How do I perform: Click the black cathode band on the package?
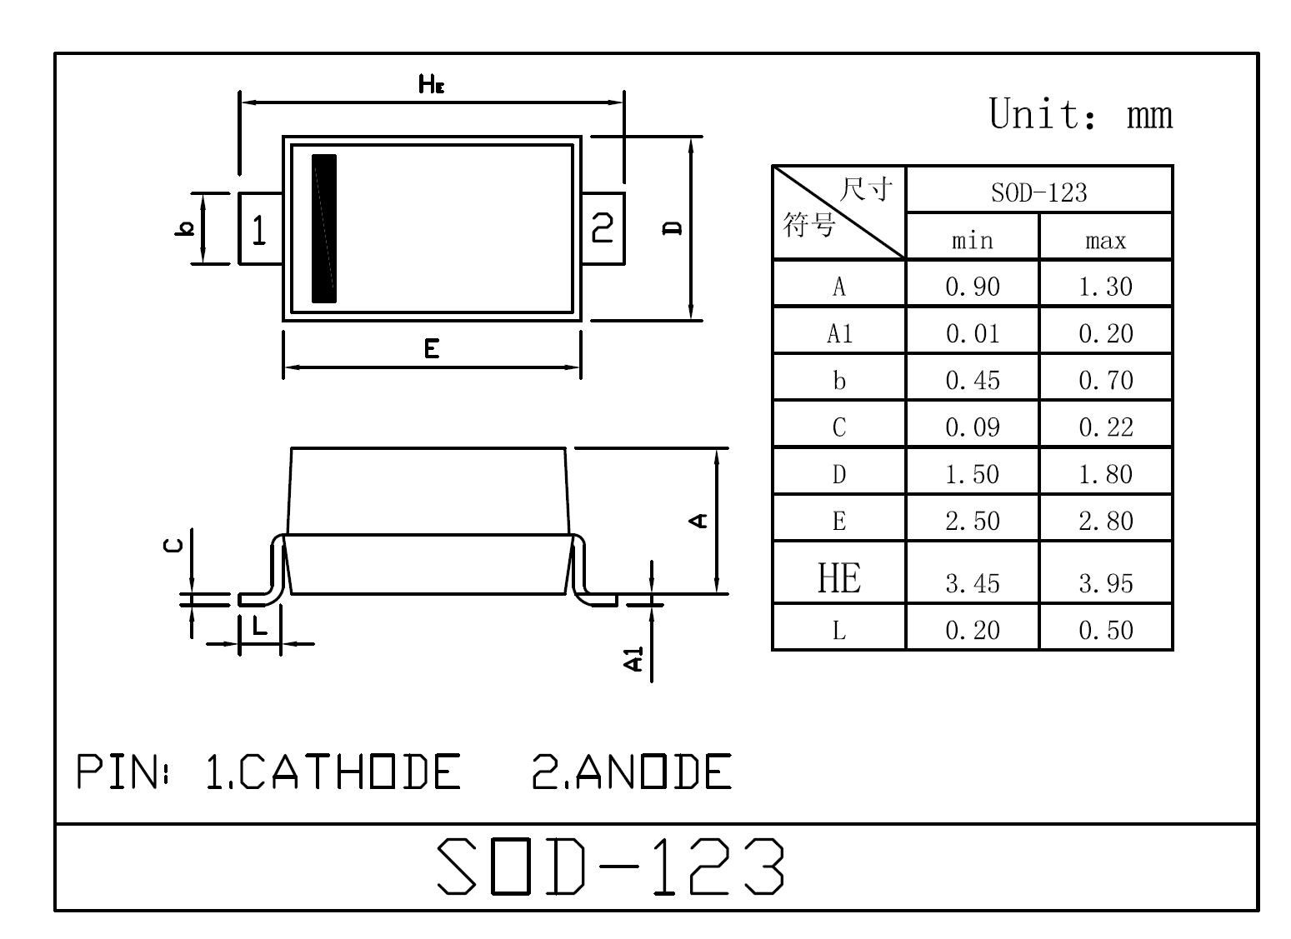324,228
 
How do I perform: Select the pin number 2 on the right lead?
603,227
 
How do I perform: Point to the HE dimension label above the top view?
431,84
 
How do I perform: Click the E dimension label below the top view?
432,349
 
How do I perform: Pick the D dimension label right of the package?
672,228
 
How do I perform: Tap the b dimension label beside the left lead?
185,228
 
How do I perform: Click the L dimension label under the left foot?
260,625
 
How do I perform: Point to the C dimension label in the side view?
173,545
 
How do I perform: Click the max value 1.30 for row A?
1105,287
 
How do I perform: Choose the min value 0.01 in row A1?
973,333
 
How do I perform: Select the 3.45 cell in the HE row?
973,583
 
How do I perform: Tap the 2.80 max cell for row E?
1105,521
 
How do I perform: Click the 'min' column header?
973,241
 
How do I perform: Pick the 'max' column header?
1105,241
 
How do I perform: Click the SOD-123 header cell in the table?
1038,192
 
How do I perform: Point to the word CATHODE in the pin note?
349,772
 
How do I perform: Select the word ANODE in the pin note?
653,772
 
